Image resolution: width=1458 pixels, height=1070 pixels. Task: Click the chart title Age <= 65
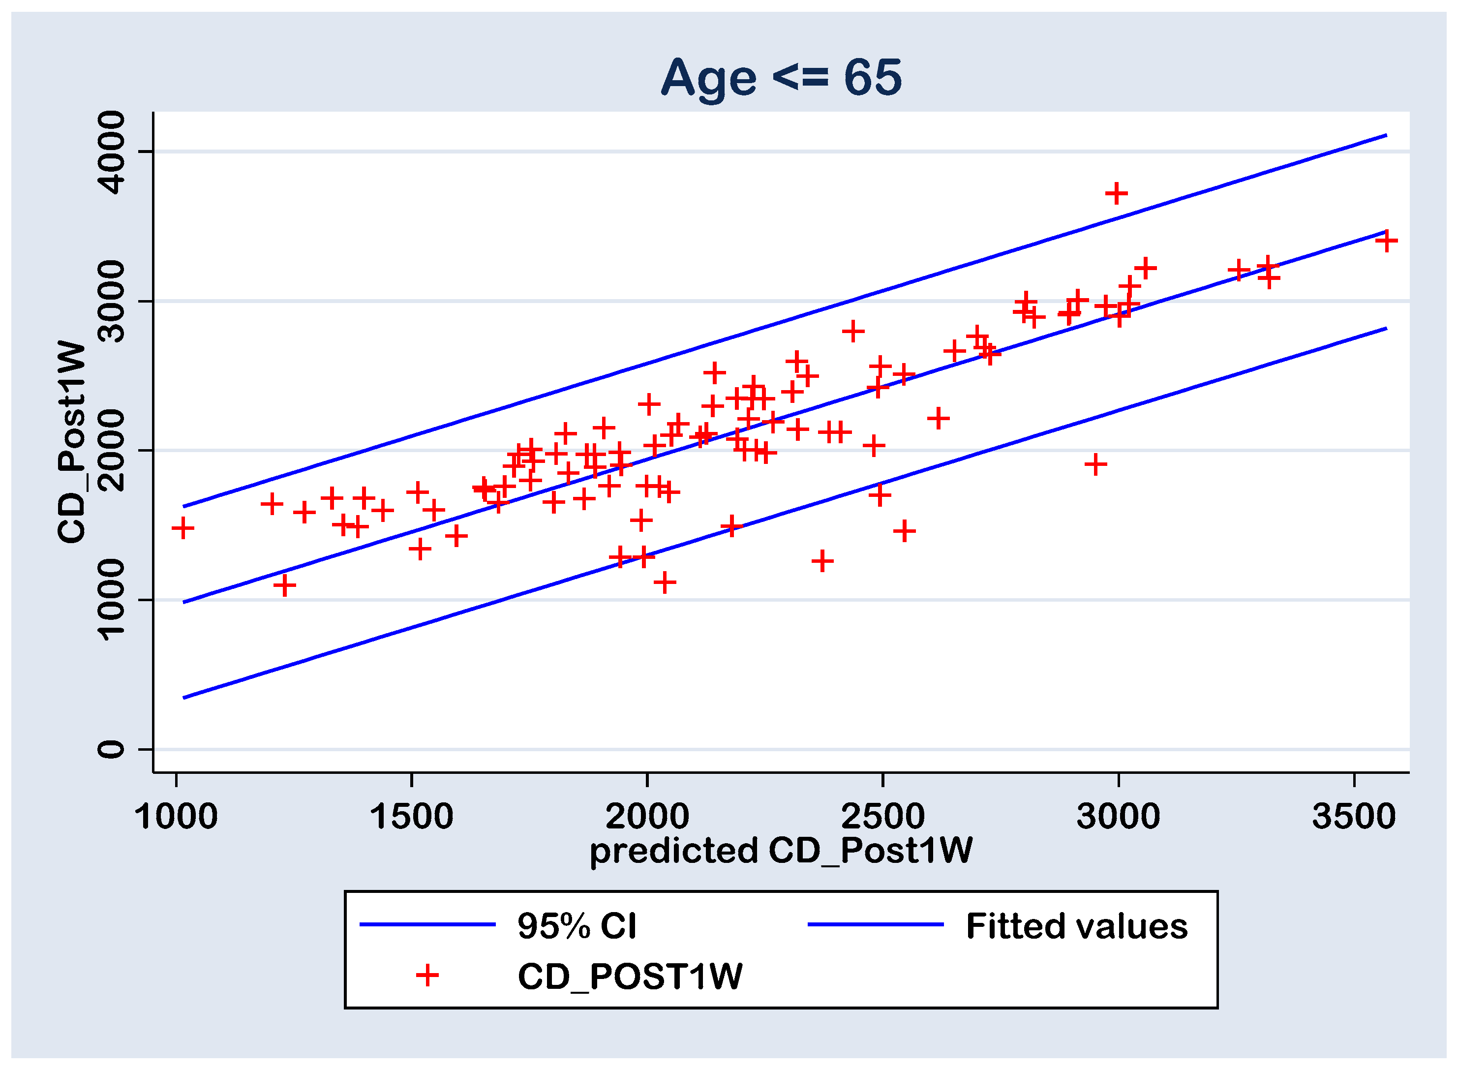[781, 77]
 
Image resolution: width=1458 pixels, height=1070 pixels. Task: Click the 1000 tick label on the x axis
[176, 817]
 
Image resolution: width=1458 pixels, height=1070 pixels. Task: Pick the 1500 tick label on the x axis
[411, 817]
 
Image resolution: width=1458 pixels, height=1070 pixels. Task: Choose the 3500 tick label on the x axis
[1354, 817]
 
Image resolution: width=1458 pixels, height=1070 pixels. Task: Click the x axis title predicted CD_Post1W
[781, 851]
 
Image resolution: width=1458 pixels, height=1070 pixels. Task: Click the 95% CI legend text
[577, 926]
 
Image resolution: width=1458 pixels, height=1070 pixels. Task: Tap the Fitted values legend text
[1076, 926]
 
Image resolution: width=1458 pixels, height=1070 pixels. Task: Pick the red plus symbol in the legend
[427, 976]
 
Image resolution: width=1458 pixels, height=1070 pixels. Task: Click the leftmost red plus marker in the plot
[183, 528]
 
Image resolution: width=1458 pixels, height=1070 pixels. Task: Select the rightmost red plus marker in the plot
[1386, 241]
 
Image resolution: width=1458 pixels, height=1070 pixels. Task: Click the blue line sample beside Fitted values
[875, 924]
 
